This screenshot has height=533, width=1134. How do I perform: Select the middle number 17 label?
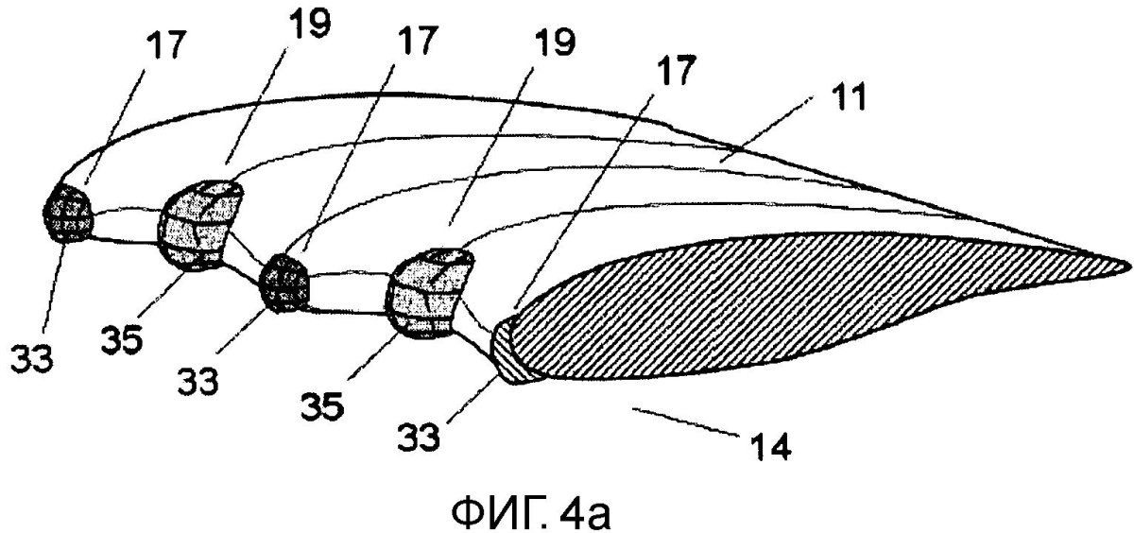coord(418,39)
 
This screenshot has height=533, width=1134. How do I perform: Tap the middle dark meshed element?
coord(285,281)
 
